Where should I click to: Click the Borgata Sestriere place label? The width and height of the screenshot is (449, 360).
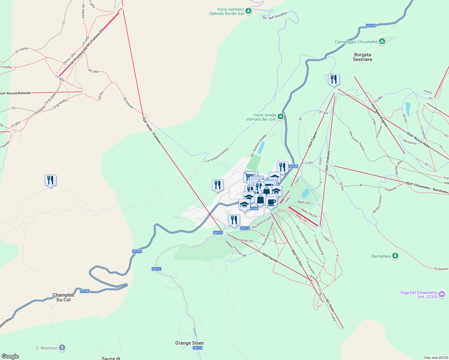363,57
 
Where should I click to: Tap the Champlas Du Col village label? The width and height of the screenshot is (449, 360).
63,297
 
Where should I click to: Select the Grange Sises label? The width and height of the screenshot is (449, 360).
189,343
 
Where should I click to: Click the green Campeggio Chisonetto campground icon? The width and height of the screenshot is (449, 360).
382,41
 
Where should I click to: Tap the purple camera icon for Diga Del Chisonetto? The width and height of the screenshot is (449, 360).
442,294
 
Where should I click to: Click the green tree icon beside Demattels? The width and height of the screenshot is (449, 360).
396,256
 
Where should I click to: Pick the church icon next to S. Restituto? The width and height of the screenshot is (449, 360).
62,348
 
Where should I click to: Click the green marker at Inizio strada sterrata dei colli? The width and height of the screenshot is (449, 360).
281,116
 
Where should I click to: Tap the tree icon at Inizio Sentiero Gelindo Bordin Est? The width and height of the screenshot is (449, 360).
248,11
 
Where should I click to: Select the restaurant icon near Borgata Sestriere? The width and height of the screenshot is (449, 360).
334,80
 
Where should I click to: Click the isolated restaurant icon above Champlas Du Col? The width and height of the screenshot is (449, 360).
50,181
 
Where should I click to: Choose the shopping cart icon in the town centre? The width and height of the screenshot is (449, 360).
249,176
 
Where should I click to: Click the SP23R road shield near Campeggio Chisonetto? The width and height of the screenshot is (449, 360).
371,26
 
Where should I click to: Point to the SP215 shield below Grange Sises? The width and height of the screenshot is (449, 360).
197,348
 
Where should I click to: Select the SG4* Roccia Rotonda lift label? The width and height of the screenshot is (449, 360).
15,93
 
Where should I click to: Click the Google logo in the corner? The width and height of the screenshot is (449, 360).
10,356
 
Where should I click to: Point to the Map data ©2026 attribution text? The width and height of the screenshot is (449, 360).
435,358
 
